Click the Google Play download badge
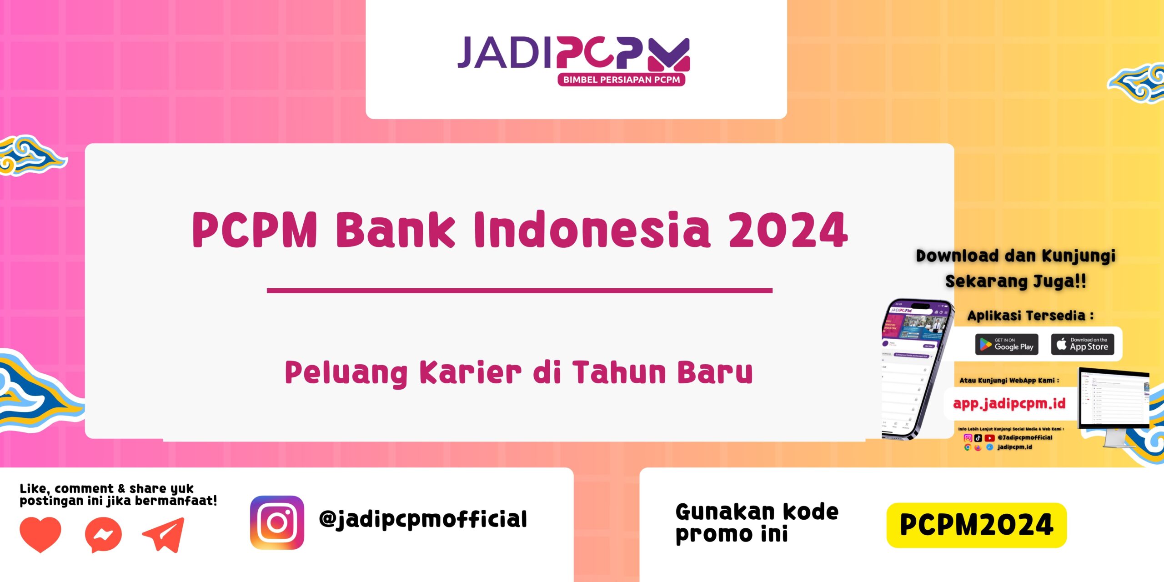pyautogui.click(x=1007, y=344)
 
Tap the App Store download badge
pyautogui.click(x=1082, y=344)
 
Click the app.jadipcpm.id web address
pyautogui.click(x=1009, y=403)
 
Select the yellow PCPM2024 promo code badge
pyautogui.click(x=976, y=525)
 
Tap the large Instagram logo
pyautogui.click(x=277, y=522)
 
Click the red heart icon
pyautogui.click(x=40, y=533)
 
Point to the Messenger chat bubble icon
pyautogui.click(x=103, y=535)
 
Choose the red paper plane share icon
pyautogui.click(x=164, y=534)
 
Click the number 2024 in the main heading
pyautogui.click(x=788, y=231)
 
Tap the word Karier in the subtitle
pyautogui.click(x=470, y=373)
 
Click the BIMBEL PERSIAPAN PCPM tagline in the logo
pyautogui.click(x=621, y=80)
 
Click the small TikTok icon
pyautogui.click(x=978, y=438)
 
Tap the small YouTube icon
pyautogui.click(x=989, y=438)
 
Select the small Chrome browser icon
pyautogui.click(x=968, y=447)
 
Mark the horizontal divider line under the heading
pyautogui.click(x=519, y=291)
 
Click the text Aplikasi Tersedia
pyautogui.click(x=1030, y=316)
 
